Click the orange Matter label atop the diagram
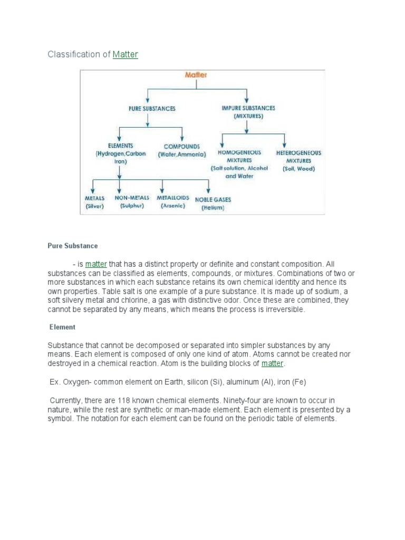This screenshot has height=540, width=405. (x=196, y=75)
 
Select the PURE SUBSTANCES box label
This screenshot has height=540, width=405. (x=152, y=109)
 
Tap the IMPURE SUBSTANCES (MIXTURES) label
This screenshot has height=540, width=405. (x=248, y=111)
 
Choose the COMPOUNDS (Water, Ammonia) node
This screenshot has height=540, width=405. (x=181, y=150)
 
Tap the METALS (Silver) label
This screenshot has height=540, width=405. (x=95, y=202)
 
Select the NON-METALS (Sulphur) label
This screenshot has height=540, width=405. (x=132, y=201)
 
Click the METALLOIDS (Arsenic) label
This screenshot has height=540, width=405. (x=173, y=201)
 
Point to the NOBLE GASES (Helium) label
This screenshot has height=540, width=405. (x=213, y=204)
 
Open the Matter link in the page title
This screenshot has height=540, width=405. (x=125, y=54)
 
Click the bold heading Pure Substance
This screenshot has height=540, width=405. (x=73, y=246)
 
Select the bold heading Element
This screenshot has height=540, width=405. (x=63, y=327)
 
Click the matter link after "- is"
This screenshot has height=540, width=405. (x=96, y=264)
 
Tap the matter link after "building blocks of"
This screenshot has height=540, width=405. (x=272, y=364)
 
